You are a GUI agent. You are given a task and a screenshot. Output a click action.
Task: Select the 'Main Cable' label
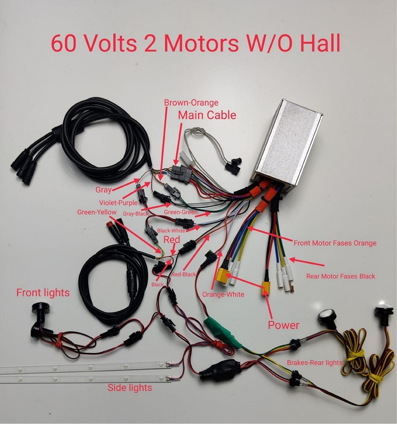coord(207,116)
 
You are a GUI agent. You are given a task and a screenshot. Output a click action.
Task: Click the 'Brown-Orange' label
coord(191,103)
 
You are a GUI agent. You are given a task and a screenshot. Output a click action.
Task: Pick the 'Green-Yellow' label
coord(97,212)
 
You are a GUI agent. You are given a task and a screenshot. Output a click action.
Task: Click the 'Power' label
coord(283,325)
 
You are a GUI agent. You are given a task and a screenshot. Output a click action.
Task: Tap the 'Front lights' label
coord(43,293)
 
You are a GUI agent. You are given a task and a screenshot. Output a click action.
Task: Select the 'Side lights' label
coord(130,387)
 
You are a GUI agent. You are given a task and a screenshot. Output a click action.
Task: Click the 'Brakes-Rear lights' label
coord(314,362)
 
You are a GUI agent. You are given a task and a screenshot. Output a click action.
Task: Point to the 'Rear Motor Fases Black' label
coord(341,276)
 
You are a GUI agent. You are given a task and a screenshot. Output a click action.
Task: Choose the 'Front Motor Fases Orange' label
coord(335,243)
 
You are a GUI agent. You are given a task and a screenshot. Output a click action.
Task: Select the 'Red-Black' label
coord(184,274)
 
